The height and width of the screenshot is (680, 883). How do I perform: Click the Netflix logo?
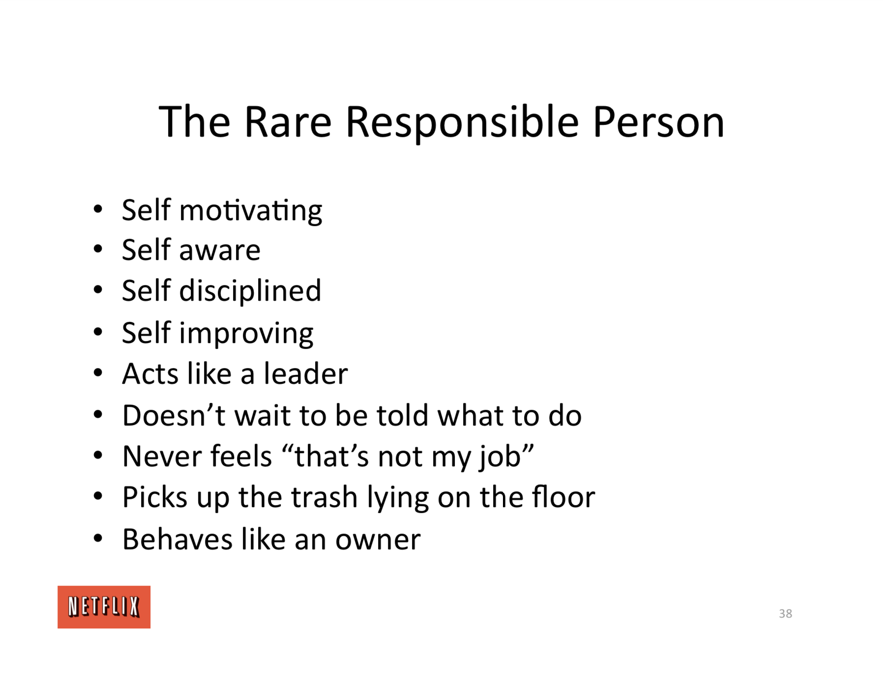point(104,607)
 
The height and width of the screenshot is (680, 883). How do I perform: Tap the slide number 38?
point(785,614)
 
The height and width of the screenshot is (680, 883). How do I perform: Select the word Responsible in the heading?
point(462,123)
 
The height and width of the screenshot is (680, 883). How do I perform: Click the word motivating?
point(251,211)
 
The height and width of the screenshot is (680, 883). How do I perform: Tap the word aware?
point(220,251)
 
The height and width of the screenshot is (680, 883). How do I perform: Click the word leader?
point(306,374)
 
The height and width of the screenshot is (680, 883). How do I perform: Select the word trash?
point(324,497)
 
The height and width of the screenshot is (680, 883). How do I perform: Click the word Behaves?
point(177,539)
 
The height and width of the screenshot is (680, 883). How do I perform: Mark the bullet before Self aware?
point(98,249)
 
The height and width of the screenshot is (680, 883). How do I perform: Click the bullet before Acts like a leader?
point(98,373)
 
